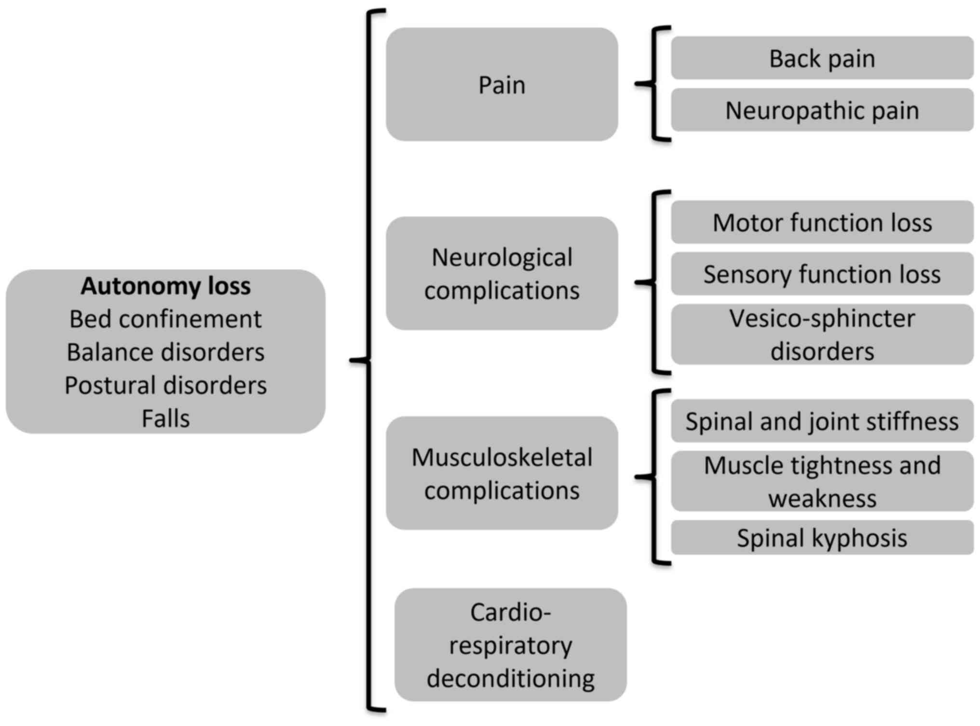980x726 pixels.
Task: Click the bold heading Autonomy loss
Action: tap(165, 286)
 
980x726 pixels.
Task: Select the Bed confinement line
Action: tap(165, 319)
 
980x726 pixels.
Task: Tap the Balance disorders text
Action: tap(165, 352)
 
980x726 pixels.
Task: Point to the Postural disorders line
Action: tap(165, 386)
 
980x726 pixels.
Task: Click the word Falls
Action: tap(165, 418)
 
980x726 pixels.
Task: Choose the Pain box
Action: tap(502, 84)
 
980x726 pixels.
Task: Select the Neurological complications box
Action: tap(502, 273)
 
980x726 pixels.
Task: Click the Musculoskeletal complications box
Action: tap(502, 473)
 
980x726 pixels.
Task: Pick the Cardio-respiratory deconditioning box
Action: tap(510, 645)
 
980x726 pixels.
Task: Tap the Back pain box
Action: tap(822, 58)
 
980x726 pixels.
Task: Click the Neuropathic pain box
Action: tap(822, 110)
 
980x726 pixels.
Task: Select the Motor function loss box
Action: tap(822, 222)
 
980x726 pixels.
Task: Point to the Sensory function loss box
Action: tap(822, 274)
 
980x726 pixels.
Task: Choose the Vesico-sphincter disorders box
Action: tap(822, 335)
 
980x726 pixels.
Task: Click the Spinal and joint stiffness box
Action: tap(822, 421)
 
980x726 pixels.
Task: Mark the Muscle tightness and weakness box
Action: tap(822, 481)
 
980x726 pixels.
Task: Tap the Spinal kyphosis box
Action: tap(822, 538)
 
